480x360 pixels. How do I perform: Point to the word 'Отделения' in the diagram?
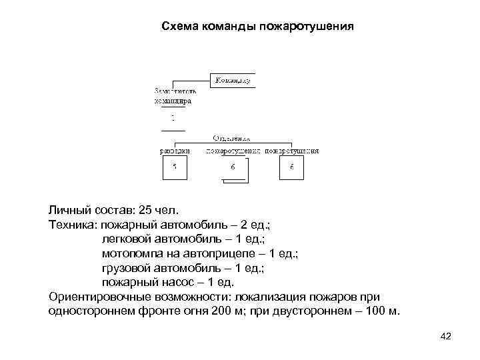(x=231, y=138)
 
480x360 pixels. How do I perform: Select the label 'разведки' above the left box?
(x=175, y=151)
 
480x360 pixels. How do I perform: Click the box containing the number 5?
(x=175, y=167)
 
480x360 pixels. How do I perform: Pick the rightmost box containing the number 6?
(x=291, y=167)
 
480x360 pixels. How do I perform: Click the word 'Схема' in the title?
(x=179, y=27)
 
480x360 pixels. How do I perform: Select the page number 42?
(x=446, y=335)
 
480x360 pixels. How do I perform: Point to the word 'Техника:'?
(x=72, y=225)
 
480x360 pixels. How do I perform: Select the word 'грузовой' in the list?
(x=126, y=268)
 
